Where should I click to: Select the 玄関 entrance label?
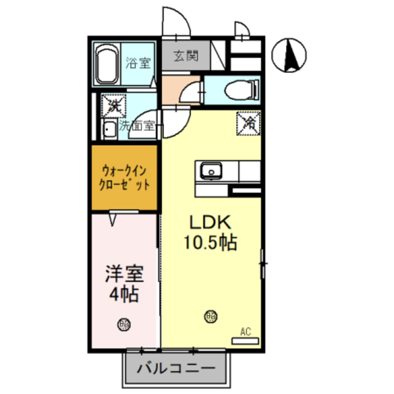coord(185,57)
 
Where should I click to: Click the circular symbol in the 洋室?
coord(125,323)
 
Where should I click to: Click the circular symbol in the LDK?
coord(211,317)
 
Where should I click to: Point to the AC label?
coord(246,332)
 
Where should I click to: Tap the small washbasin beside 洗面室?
coord(108,130)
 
